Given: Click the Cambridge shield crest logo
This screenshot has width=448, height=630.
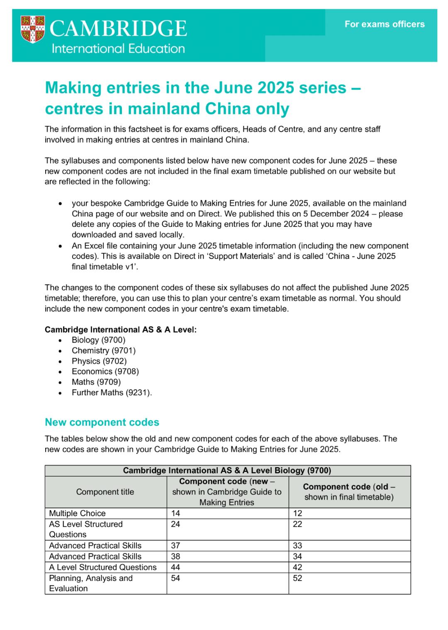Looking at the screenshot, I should [x=32, y=29].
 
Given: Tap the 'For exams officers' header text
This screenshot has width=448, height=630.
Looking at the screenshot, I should [x=384, y=25].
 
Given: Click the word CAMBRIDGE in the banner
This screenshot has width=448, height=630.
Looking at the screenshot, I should [x=118, y=28].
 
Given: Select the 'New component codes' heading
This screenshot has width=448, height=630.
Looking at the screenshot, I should [x=102, y=422].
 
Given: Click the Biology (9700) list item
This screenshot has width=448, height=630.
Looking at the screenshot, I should [x=98, y=340].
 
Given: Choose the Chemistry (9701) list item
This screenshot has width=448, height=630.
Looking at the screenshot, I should [x=103, y=351].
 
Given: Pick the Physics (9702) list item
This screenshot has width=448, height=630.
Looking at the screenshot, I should [x=99, y=361].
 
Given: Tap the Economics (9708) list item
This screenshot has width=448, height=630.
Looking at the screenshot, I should [x=105, y=371].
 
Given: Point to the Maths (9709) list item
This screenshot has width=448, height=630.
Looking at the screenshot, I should [x=96, y=382].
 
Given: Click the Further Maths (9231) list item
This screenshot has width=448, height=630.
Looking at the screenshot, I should [x=112, y=392].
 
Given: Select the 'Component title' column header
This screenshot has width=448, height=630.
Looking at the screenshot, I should [x=105, y=492].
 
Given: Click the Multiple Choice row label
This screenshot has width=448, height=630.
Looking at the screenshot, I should [x=77, y=513].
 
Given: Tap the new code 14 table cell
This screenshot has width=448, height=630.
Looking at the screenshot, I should [x=175, y=513].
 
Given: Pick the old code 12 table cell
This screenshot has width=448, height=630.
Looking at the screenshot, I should [x=297, y=513].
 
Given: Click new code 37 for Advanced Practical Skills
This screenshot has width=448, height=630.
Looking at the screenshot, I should [x=175, y=545].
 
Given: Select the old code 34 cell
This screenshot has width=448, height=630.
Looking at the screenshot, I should [x=297, y=556].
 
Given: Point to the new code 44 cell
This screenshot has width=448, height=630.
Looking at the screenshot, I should [x=175, y=567].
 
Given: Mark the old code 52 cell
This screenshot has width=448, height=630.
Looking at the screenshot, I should [x=297, y=578].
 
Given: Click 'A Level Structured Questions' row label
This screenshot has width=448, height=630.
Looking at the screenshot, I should [x=102, y=567].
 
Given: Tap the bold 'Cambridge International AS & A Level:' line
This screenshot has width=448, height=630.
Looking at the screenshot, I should [x=120, y=329].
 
